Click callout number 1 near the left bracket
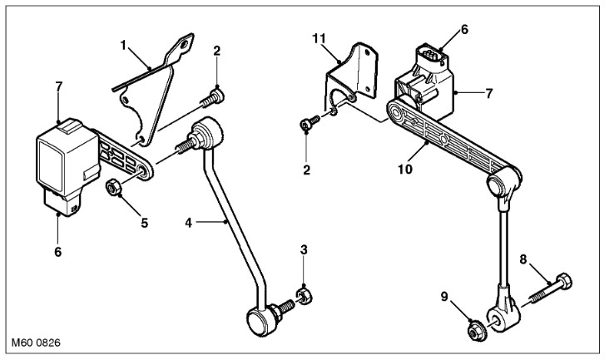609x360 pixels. (x=123, y=46)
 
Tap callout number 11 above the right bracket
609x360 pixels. (x=319, y=38)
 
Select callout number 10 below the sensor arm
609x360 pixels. (x=404, y=169)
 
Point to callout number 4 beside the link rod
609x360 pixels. (x=188, y=223)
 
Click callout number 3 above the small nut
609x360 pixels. (x=304, y=249)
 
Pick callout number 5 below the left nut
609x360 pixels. (x=145, y=223)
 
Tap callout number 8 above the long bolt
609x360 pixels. (x=523, y=259)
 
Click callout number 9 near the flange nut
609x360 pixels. (x=444, y=296)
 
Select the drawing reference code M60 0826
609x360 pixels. (x=36, y=343)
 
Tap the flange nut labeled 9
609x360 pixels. (x=477, y=332)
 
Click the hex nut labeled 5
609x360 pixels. (x=114, y=188)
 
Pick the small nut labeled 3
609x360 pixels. (x=304, y=296)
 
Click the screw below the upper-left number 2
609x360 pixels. (x=213, y=96)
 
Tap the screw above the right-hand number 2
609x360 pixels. (x=310, y=123)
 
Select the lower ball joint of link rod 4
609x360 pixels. (x=261, y=321)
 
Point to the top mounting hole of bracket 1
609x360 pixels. (x=184, y=44)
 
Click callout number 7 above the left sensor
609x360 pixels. (x=58, y=86)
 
